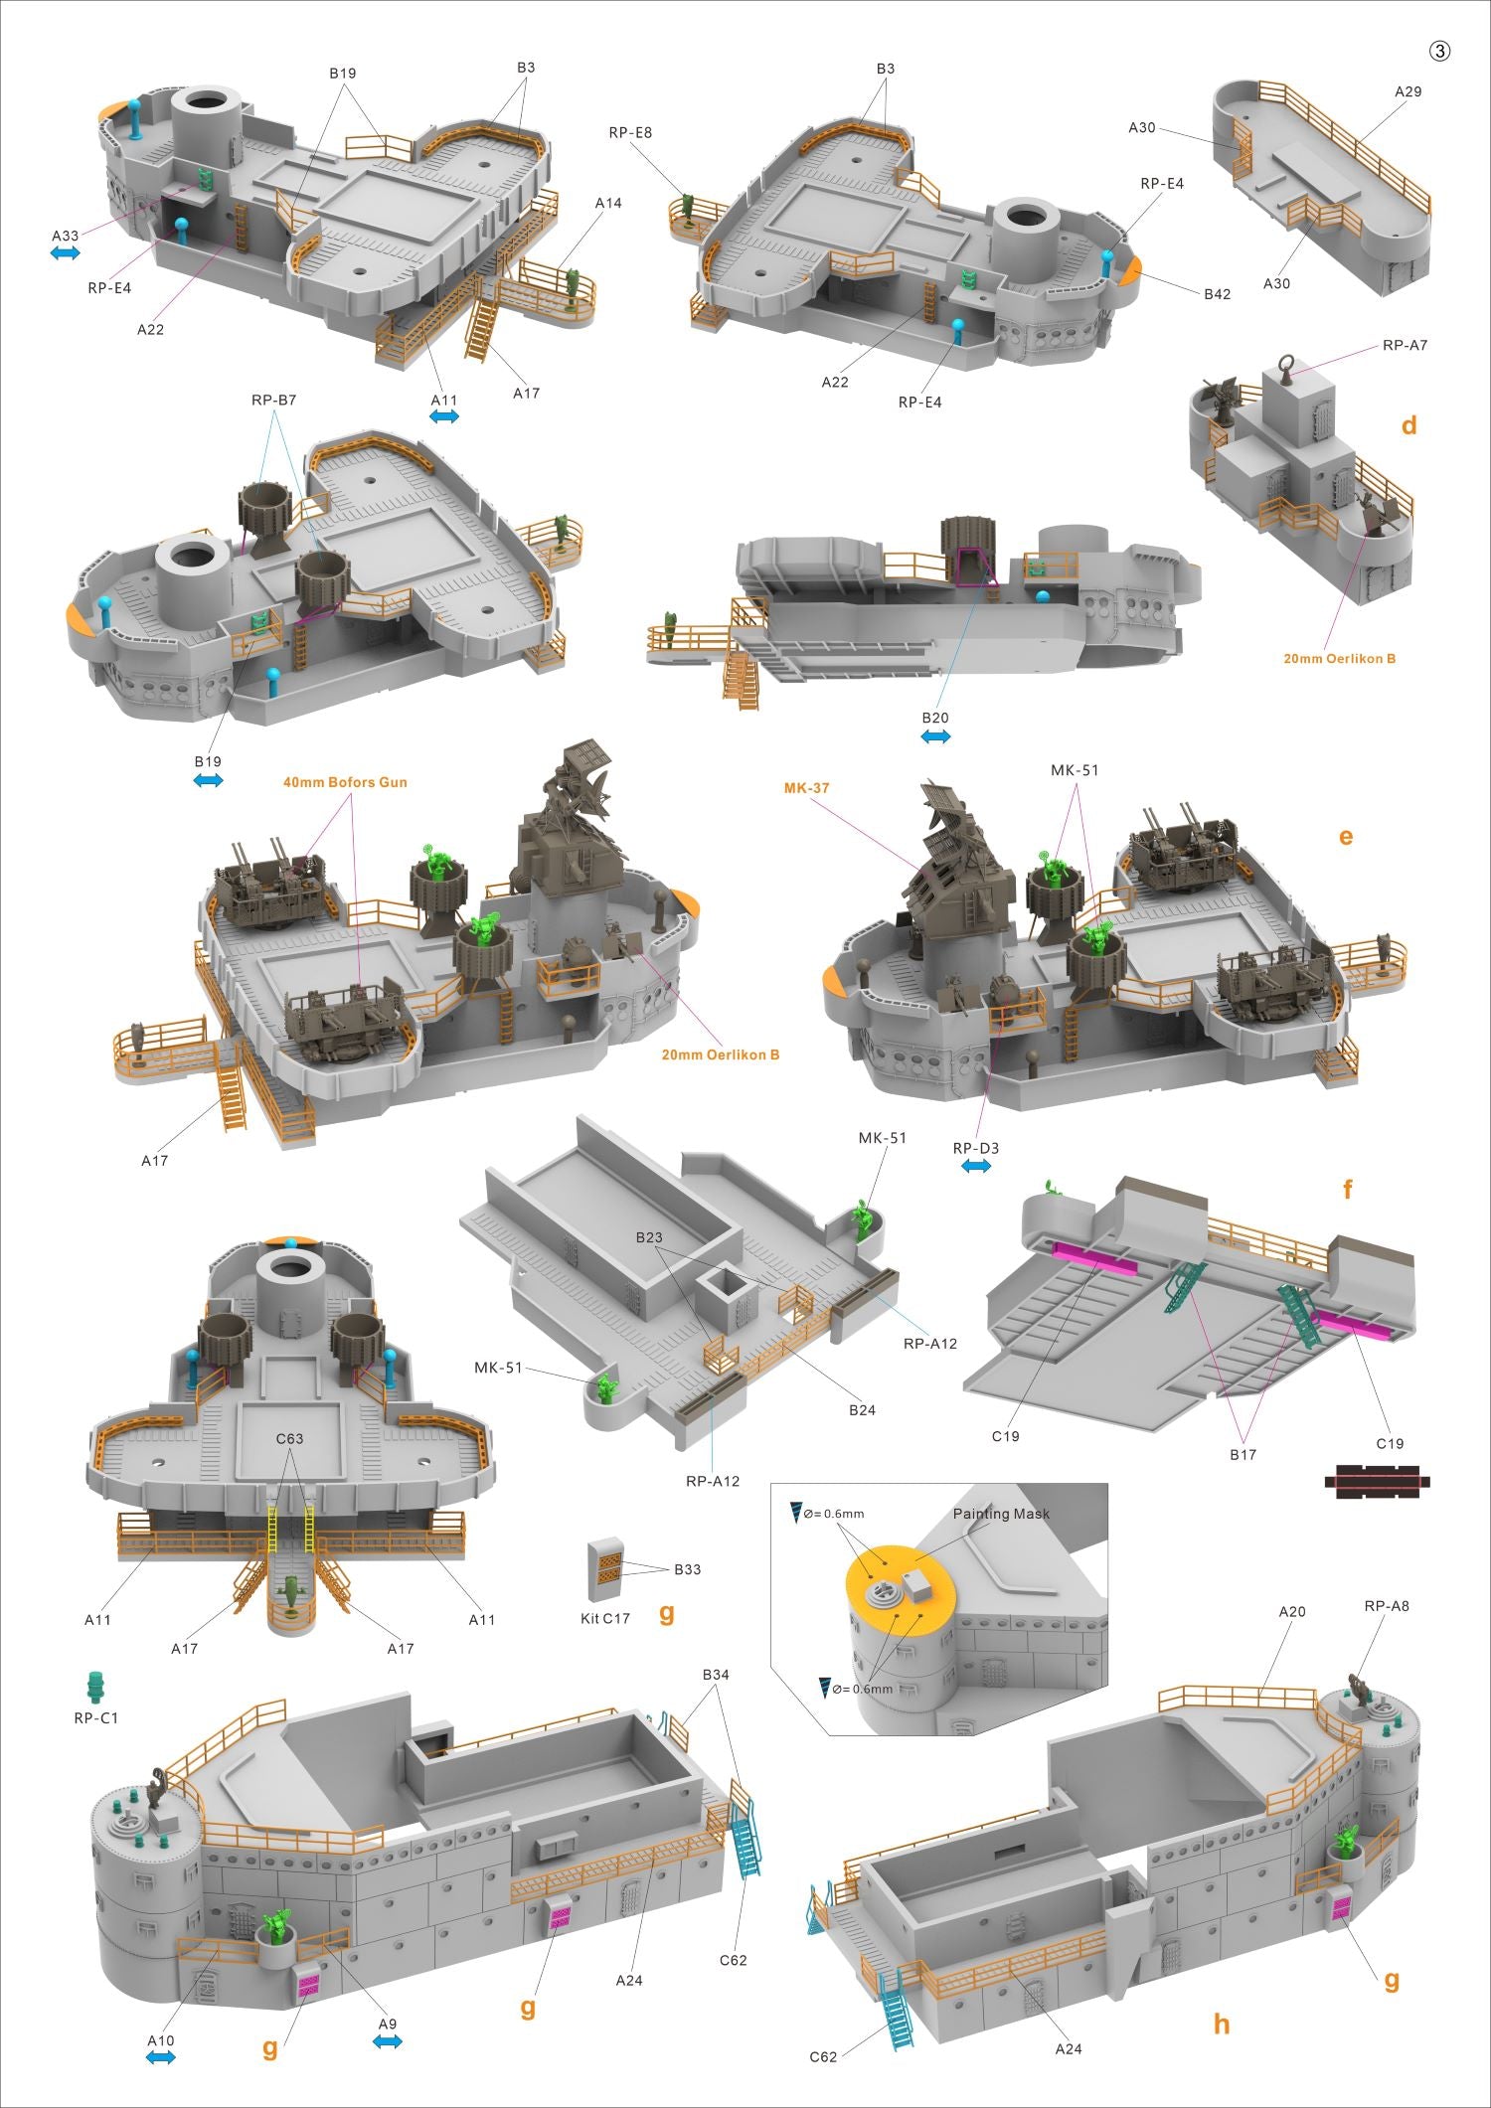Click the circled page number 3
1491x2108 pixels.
click(x=1439, y=51)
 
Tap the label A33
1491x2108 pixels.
click(x=66, y=236)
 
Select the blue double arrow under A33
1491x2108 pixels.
click(x=66, y=254)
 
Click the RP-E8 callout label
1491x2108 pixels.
click(x=631, y=132)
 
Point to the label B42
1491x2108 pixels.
click(x=1218, y=294)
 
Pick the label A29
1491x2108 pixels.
click(x=1408, y=91)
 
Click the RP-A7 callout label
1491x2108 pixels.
click(x=1405, y=345)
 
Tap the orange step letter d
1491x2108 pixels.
click(x=1408, y=425)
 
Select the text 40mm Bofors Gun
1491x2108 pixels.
click(x=345, y=782)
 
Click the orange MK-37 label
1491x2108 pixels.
click(x=806, y=788)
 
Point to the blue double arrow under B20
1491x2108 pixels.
click(x=935, y=736)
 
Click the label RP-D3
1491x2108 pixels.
click(x=976, y=1148)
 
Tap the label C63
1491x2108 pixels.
click(x=289, y=1438)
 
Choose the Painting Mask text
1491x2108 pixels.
click(x=1001, y=1513)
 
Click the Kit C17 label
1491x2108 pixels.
click(x=605, y=1618)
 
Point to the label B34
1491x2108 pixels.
click(x=716, y=1675)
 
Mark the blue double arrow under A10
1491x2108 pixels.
click(x=160, y=2059)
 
